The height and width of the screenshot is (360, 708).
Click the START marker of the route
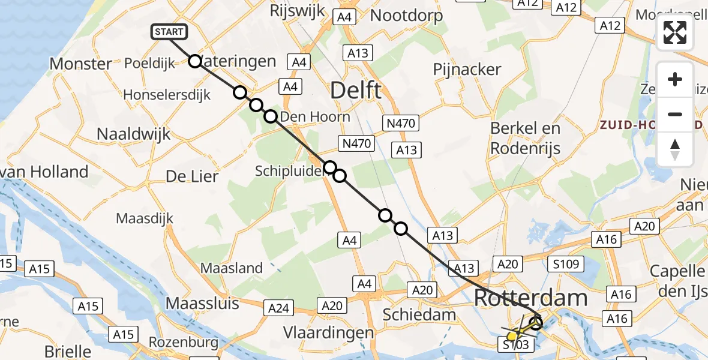pos(170,32)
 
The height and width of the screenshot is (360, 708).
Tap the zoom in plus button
pos(675,79)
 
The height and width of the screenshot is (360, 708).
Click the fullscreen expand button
pos(675,32)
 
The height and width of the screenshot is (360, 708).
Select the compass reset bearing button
pos(675,149)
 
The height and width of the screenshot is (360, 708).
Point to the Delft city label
pos(356,91)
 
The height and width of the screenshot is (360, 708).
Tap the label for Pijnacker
pos(467,70)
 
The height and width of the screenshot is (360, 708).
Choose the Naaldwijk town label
pos(133,134)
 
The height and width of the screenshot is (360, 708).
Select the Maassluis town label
pos(202,304)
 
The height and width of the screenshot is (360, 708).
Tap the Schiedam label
pos(419,314)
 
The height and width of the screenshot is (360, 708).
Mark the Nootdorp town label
pos(407,15)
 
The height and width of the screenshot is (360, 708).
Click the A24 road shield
pos(278,309)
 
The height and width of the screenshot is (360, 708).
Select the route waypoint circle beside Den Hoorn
pos(271,116)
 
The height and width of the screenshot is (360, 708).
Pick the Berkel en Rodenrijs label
pos(525,137)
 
